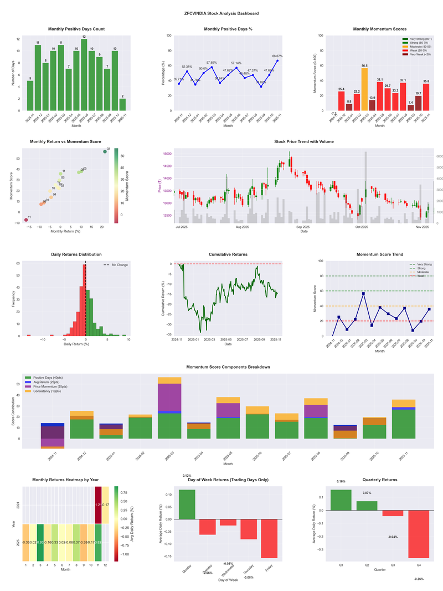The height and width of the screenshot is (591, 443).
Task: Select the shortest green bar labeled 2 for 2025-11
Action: pyautogui.click(x=122, y=104)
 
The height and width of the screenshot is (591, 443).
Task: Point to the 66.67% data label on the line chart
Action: pyautogui.click(x=277, y=56)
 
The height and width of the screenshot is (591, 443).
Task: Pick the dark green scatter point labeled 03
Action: pyautogui.click(x=105, y=151)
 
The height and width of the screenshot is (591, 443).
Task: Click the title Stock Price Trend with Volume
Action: pyautogui.click(x=303, y=141)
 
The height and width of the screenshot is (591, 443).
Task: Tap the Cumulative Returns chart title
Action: pyautogui.click(x=228, y=254)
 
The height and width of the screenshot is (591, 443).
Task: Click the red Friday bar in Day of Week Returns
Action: pyautogui.click(x=269, y=538)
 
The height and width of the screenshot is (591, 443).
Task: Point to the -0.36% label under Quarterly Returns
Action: pyautogui.click(x=419, y=579)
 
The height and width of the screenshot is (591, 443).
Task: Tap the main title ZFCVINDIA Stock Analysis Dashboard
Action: pyautogui.click(x=221, y=13)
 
